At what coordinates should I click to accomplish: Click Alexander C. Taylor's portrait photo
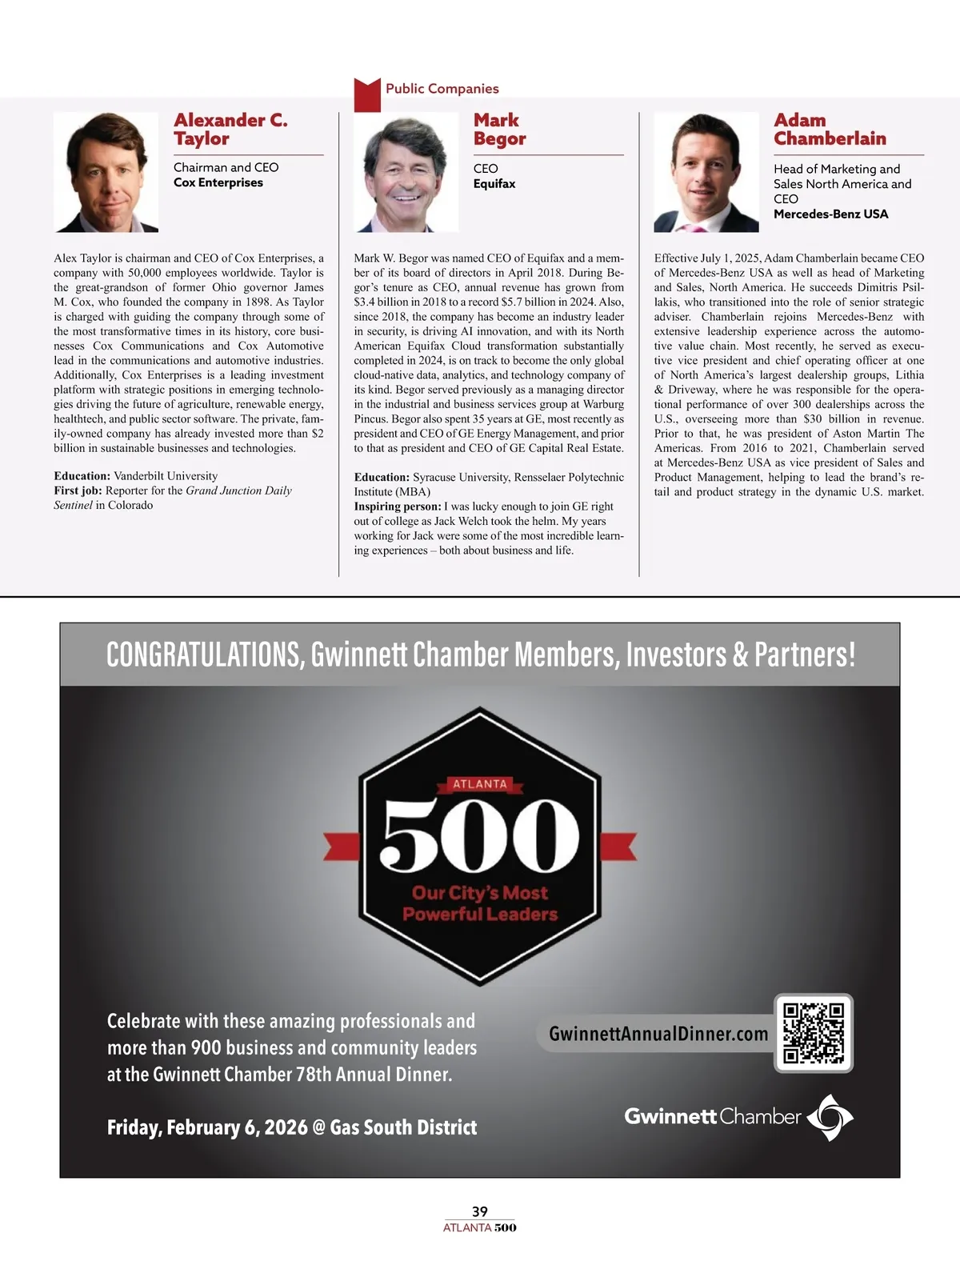(x=106, y=172)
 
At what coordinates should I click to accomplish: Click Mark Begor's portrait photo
(x=406, y=172)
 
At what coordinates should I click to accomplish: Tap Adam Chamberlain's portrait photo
(x=706, y=172)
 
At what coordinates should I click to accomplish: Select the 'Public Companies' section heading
(x=442, y=89)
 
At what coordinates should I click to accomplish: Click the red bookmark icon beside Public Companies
(x=367, y=94)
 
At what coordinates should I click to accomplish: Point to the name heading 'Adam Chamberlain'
(x=829, y=130)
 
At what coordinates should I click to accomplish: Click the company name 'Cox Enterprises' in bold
(x=218, y=182)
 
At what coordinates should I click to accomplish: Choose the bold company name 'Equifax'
(x=494, y=183)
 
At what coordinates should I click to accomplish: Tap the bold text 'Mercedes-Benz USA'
(x=830, y=214)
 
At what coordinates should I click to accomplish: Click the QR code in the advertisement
(x=814, y=1033)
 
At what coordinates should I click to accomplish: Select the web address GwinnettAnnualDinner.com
(x=658, y=1034)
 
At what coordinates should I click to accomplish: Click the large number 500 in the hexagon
(x=480, y=835)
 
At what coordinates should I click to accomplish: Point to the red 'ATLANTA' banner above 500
(x=480, y=784)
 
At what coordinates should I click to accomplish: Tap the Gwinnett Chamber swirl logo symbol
(x=830, y=1117)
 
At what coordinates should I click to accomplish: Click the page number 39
(x=480, y=1211)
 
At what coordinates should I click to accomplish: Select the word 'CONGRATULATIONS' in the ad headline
(x=205, y=655)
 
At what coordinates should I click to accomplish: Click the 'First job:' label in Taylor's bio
(x=78, y=490)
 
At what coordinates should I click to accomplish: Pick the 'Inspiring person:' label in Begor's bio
(x=397, y=506)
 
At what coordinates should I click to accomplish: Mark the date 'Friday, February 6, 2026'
(x=207, y=1127)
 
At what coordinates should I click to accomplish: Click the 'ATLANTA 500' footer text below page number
(x=480, y=1227)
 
